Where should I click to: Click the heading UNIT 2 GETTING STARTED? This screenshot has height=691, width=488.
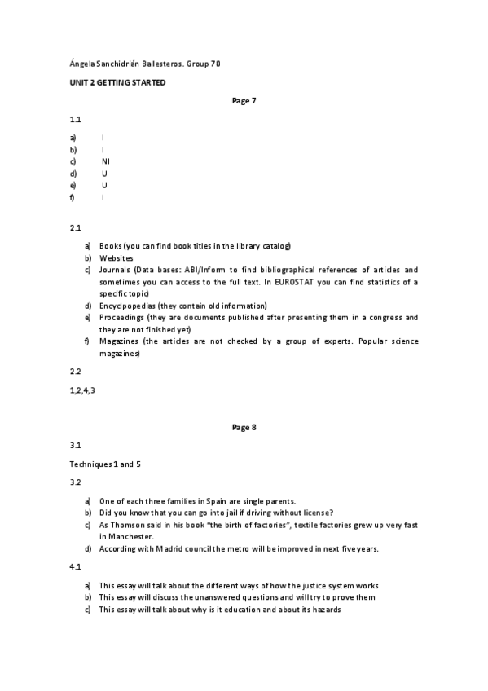coord(118,83)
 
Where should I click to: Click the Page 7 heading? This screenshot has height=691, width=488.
coord(244,101)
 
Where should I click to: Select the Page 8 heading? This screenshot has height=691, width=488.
coord(244,426)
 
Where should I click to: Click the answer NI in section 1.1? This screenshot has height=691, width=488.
coord(105,161)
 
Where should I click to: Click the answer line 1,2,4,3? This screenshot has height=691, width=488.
coord(83,390)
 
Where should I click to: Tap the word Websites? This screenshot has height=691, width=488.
coord(117,258)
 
